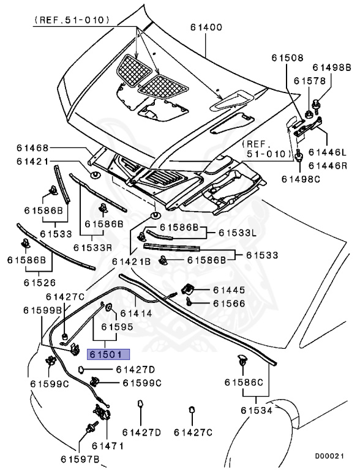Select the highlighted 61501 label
tap(108, 354)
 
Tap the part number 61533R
tap(93, 248)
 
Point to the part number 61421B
tap(131, 261)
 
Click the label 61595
tap(118, 327)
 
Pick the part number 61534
tap(256, 410)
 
